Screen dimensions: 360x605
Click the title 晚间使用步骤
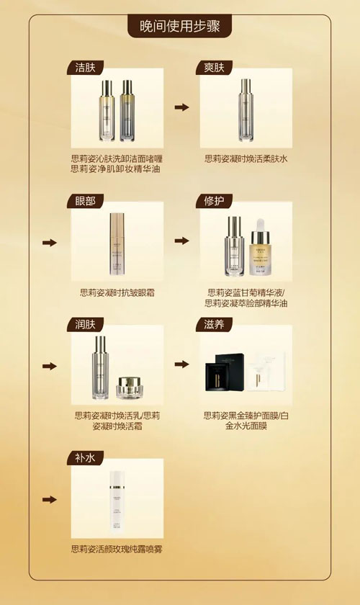coord(180,26)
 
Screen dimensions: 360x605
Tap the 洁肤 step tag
coord(86,68)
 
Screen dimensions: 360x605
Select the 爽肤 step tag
coord(214,68)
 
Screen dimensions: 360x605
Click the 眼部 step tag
coord(86,201)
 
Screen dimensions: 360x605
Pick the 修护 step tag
coord(214,201)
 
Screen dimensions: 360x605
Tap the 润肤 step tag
coord(86,324)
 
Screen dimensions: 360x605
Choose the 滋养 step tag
coord(214,324)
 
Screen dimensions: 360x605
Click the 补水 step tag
coord(86,458)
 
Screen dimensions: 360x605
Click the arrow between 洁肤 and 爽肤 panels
coord(181,107)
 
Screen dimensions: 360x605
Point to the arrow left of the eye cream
coord(50,242)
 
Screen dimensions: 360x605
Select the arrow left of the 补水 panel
coord(50,499)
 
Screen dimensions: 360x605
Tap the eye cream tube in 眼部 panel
coord(117,244)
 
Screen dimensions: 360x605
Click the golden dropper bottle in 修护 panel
coord(259,247)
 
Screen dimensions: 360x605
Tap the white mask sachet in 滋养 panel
coord(266,371)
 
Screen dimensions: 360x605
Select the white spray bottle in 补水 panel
coord(117,499)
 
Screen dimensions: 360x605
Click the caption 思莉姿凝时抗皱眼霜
coord(117,292)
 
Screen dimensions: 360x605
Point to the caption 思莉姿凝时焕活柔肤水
coord(246,158)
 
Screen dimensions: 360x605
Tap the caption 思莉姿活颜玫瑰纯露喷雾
coord(117,549)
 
